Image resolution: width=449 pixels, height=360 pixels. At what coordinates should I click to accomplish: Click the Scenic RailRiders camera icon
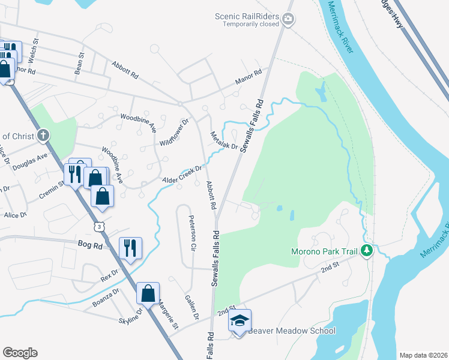coord(288,20)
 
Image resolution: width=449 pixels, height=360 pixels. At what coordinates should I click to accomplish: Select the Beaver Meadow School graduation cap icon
coord(240,320)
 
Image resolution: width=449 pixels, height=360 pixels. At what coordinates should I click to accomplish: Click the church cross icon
coord(43,136)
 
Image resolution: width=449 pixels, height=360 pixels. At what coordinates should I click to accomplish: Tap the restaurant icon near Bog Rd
coord(130,248)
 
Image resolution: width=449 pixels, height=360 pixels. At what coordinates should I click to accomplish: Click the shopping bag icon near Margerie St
coord(148,293)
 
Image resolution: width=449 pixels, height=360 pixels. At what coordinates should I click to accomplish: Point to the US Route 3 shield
coord(98,226)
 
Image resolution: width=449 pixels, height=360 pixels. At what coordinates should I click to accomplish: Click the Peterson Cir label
coord(193,233)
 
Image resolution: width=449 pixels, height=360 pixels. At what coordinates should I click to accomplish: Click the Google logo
coord(20,352)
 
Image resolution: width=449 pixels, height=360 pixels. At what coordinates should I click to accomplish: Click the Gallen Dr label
coord(191,307)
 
